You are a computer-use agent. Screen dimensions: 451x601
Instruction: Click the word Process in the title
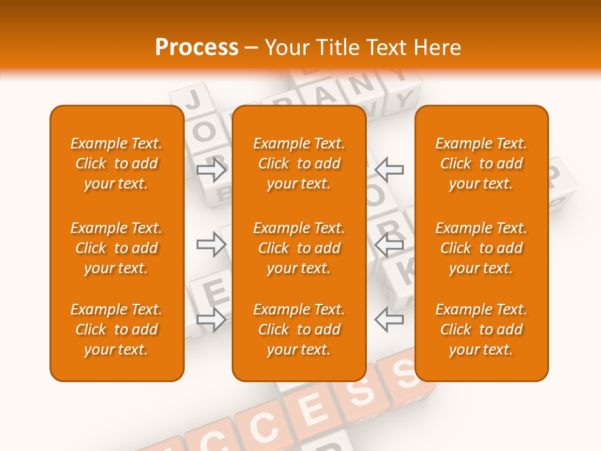[197, 48]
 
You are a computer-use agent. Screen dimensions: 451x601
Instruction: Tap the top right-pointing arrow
[212, 169]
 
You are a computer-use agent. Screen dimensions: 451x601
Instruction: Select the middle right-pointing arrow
[212, 244]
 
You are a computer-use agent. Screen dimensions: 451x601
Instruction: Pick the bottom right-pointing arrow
[212, 319]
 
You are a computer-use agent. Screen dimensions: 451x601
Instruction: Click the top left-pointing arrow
[389, 169]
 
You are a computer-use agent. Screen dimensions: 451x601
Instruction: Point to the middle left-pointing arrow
[389, 244]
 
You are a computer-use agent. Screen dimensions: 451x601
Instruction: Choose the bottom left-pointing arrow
[389, 319]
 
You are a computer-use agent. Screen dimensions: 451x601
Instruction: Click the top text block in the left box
[116, 163]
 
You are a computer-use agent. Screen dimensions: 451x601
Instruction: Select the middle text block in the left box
[116, 248]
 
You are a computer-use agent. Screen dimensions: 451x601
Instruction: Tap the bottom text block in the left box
[116, 329]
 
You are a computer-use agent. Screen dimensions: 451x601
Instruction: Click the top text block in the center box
[299, 163]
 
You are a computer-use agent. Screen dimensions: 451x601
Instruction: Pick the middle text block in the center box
[299, 248]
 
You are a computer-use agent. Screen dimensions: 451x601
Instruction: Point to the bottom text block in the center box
[299, 329]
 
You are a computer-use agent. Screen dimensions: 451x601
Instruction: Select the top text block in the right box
[481, 163]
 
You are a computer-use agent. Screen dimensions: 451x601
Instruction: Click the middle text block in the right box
[481, 248]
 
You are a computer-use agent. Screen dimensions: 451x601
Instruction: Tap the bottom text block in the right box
[481, 329]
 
